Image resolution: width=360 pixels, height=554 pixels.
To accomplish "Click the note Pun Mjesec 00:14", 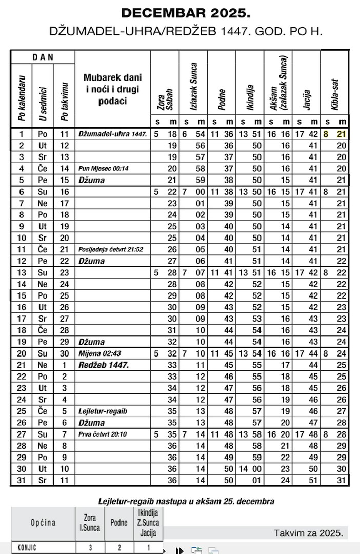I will click(x=104, y=168).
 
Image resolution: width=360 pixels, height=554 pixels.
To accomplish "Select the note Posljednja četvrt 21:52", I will click(x=111, y=249).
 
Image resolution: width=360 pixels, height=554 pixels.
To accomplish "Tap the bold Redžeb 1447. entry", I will click(x=103, y=365).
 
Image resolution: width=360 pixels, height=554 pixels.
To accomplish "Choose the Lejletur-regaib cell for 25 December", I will click(x=103, y=411).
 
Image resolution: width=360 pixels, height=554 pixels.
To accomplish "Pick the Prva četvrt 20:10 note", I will click(x=103, y=434).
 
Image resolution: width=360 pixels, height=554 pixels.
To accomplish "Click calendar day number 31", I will click(x=22, y=480).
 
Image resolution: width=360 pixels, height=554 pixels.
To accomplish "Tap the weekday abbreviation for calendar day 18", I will click(x=43, y=330).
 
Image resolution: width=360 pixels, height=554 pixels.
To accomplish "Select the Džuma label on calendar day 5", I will click(x=92, y=180).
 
